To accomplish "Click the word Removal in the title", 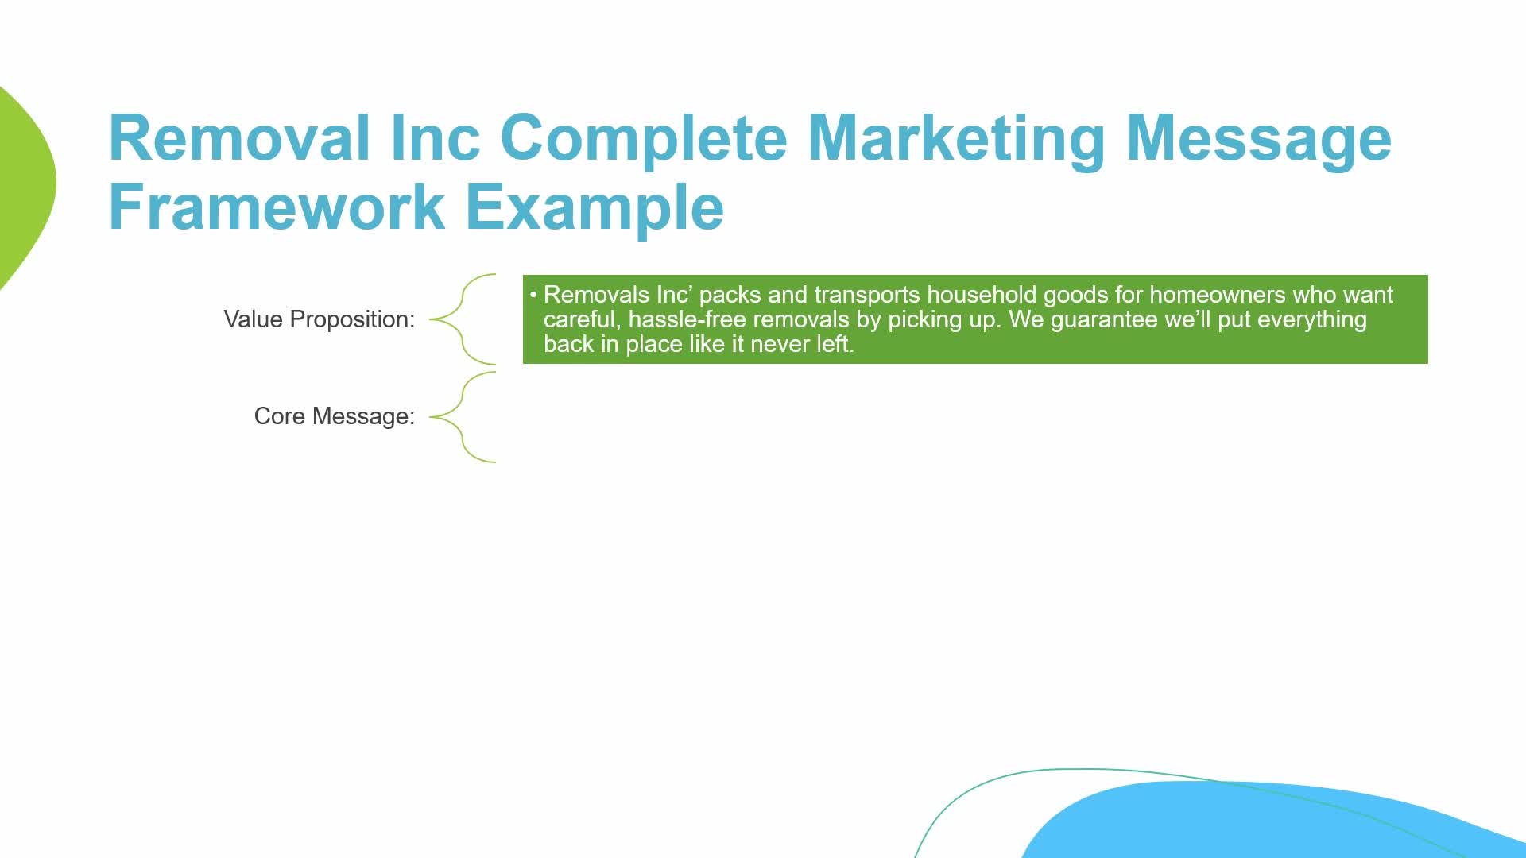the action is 239,137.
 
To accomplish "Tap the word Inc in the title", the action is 436,137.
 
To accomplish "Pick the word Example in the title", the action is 595,210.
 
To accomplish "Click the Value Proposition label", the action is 320,319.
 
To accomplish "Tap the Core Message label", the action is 335,416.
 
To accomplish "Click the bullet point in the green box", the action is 534,295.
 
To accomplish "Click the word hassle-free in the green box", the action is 687,319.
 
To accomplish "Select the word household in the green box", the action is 982,295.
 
